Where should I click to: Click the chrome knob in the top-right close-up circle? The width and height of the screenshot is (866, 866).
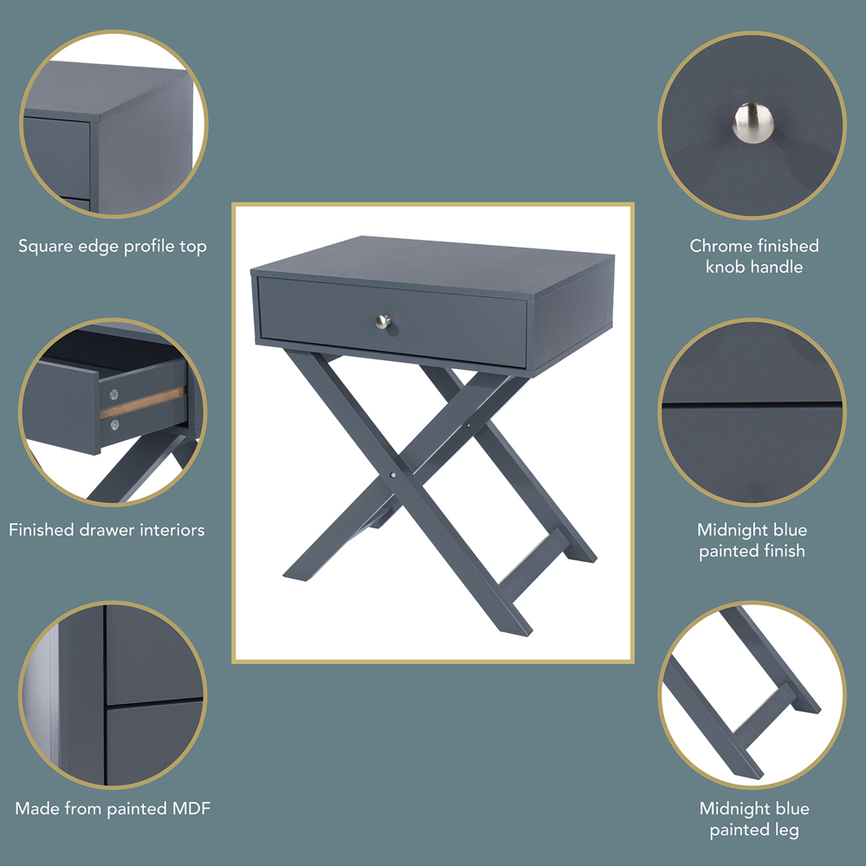click(x=751, y=121)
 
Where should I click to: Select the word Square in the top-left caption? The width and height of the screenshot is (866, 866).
click(x=46, y=247)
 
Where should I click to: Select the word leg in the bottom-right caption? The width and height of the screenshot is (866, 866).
click(x=785, y=830)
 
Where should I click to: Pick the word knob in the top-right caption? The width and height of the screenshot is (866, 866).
click(x=729, y=267)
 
